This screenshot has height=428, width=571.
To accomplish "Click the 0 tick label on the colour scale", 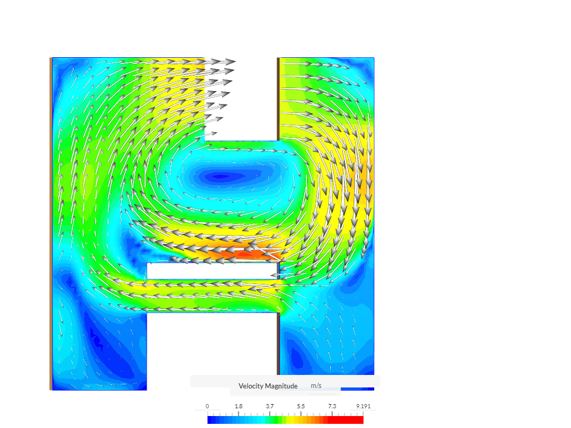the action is click(207, 406).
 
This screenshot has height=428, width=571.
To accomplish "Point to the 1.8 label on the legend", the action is click(239, 406).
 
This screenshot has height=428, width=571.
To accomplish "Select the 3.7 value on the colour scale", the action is click(270, 406).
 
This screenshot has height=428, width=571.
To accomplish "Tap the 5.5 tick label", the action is click(301, 406).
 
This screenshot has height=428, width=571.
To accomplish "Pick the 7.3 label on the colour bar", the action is click(332, 406).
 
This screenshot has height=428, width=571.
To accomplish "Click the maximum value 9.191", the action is click(364, 406).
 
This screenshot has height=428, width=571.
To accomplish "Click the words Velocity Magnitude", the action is click(268, 386).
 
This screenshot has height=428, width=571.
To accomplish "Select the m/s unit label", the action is click(316, 386).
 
